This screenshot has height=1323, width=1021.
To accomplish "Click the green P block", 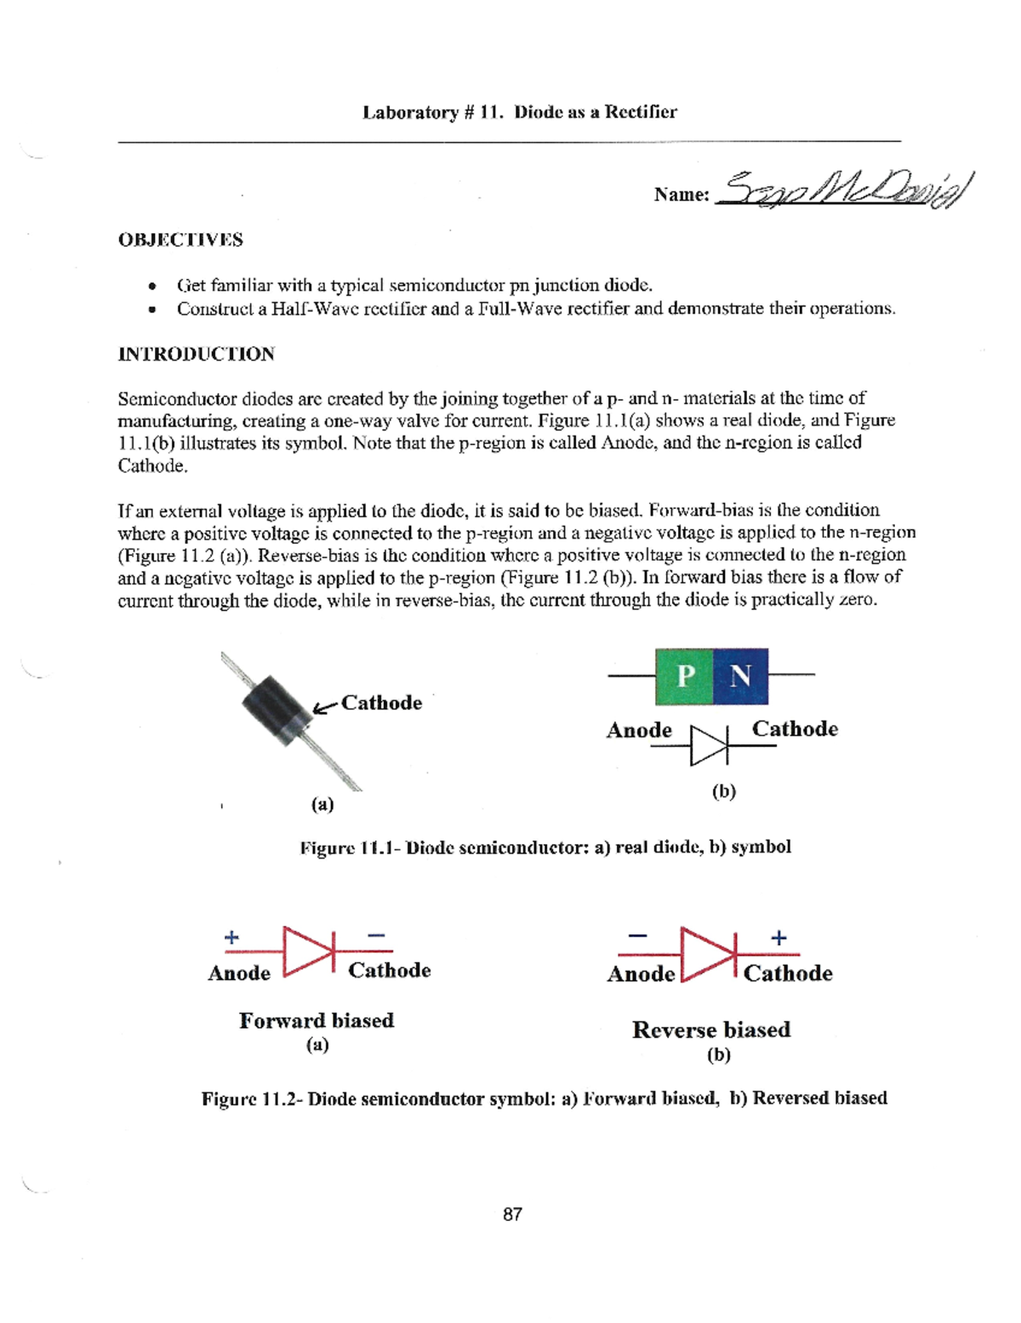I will (684, 676).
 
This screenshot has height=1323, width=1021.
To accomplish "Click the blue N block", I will (740, 676).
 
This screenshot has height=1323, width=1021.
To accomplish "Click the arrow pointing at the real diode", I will (324, 707).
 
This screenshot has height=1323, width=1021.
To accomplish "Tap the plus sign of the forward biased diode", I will (231, 938).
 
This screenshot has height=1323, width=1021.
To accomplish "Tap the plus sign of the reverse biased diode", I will (779, 938).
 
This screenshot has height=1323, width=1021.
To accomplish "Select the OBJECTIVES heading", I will (180, 240).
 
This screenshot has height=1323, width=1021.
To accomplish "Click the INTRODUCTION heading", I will (196, 354).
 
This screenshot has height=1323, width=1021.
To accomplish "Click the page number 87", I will (512, 1214).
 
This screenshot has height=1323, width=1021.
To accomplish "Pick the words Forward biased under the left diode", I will (317, 1020).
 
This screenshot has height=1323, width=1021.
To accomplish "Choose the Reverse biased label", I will (711, 1029).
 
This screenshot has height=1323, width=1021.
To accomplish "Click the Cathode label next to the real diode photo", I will (381, 703).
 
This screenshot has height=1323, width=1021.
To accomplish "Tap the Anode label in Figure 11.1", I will (639, 730).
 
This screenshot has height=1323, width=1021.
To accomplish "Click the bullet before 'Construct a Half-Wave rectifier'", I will (151, 310).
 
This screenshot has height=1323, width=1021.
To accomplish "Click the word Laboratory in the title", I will (410, 112).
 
